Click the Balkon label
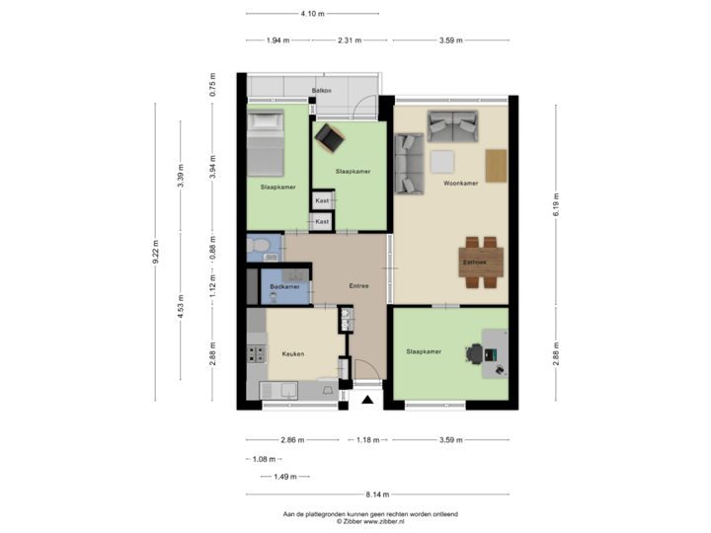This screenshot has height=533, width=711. coord(321,91)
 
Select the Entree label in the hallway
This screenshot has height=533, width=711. coord(359,286)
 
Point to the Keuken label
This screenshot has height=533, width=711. coord(292,353)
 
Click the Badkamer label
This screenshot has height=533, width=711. coord(284,287)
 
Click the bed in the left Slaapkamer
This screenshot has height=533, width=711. coord(264,143)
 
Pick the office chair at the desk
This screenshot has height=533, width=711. coord(476,352)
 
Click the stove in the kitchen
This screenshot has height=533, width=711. coord(257,353)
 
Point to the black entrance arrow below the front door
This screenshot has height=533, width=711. coord(367,400)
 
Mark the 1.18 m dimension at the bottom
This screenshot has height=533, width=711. coord(368,440)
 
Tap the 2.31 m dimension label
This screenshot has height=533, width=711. coord(349,40)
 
